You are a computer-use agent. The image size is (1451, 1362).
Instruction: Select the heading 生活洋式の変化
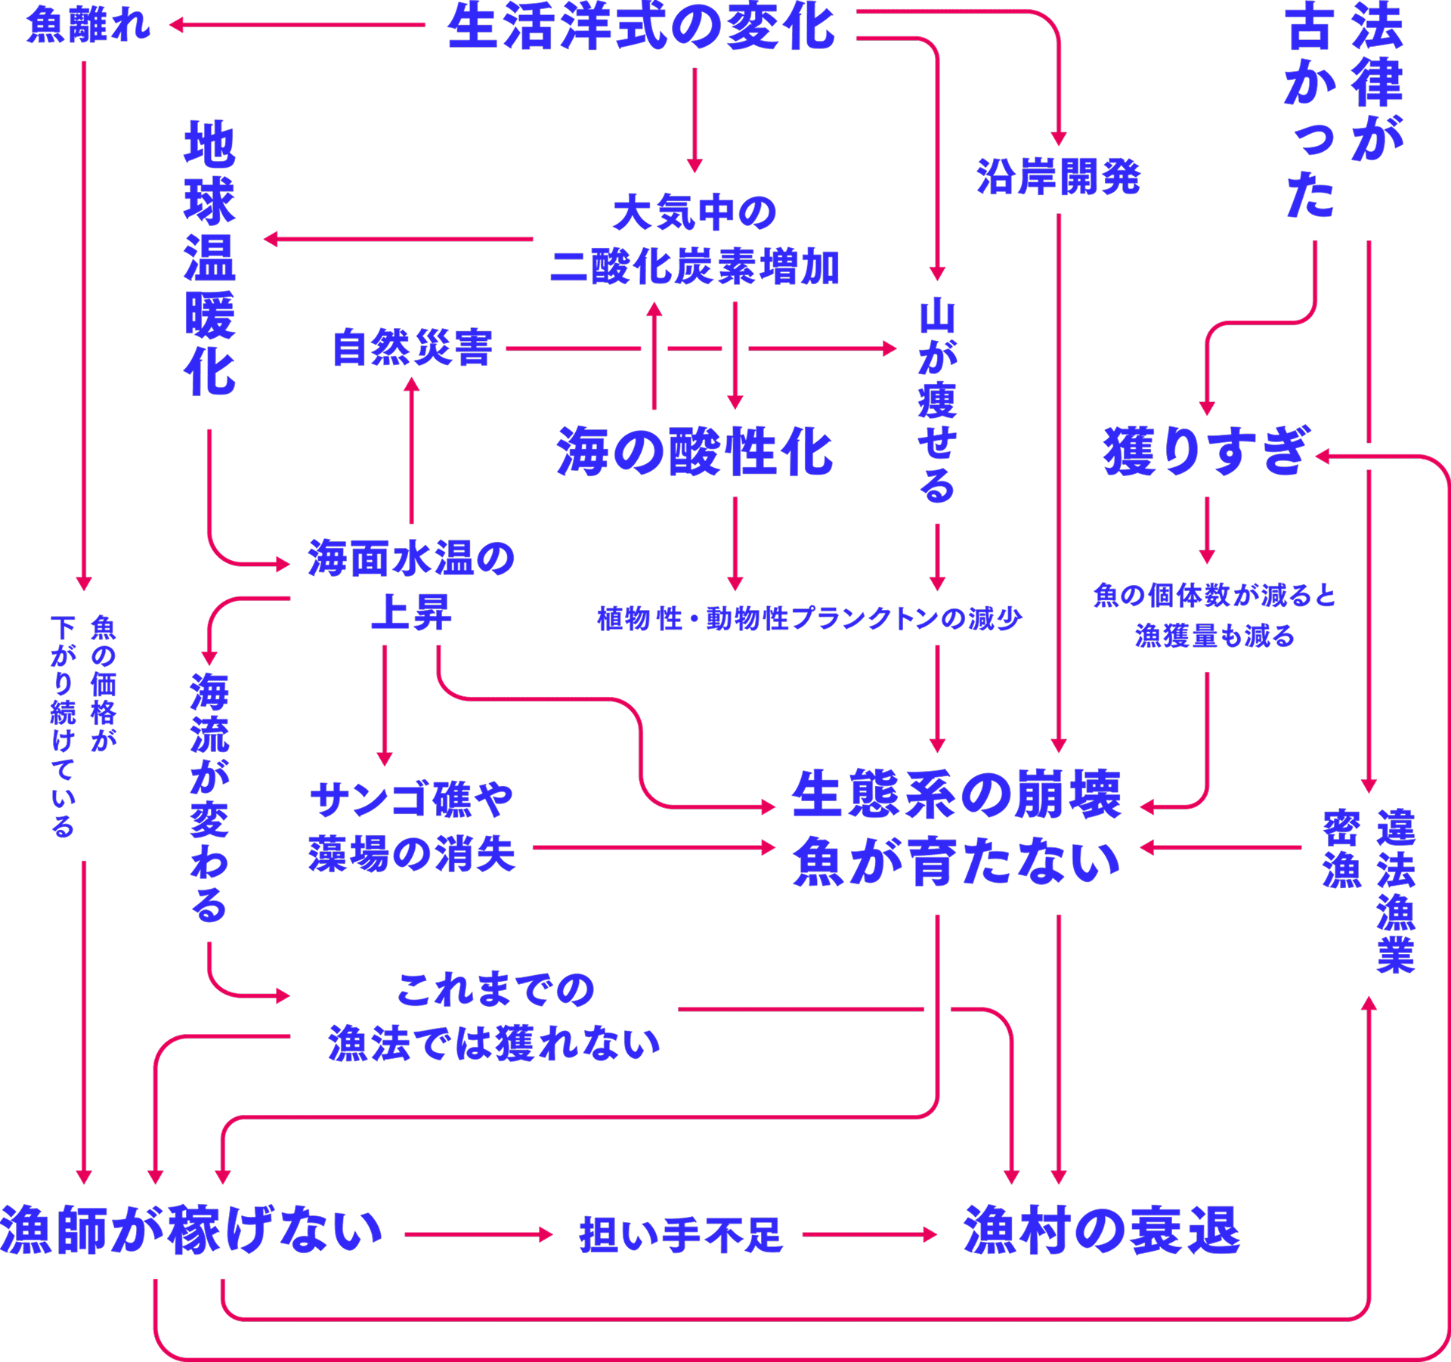641,28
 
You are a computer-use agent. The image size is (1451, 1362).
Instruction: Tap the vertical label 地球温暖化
209,258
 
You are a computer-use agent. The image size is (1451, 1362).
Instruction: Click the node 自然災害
413,348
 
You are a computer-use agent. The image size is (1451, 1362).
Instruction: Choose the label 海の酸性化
695,452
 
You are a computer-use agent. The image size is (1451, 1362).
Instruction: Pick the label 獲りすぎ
1205,451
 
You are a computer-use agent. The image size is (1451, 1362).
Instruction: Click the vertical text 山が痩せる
937,401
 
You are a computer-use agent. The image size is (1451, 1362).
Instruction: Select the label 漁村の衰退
1102,1231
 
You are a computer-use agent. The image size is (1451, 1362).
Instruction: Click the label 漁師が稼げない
191,1231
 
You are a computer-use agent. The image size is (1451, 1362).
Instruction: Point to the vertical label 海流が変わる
209,797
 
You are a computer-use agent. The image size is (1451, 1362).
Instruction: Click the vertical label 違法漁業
1395,890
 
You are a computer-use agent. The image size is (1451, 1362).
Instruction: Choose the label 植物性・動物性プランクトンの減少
809,619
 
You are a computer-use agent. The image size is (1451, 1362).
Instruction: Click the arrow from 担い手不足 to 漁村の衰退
869,1235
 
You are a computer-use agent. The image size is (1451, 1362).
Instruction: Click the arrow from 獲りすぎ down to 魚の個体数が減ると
1207,529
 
